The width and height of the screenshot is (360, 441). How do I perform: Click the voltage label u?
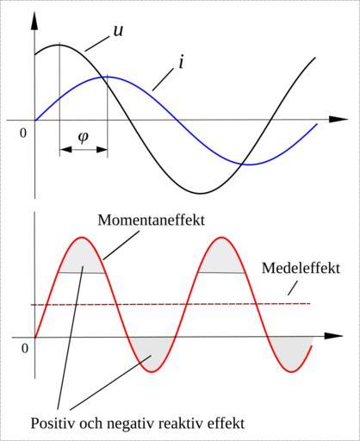pyautogui.click(x=118, y=30)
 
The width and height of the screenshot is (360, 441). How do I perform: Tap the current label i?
pyautogui.click(x=181, y=62)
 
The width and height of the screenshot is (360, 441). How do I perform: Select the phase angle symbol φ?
pyautogui.click(x=84, y=137)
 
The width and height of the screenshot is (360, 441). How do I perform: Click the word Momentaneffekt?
pyautogui.click(x=152, y=220)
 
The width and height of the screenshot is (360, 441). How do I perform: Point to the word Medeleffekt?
pyautogui.click(x=301, y=268)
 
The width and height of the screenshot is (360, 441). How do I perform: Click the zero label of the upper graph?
pyautogui.click(x=23, y=133)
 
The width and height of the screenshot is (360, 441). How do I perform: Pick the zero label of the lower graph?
pyautogui.click(x=25, y=349)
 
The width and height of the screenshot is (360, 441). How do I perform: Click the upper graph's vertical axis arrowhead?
pyautogui.click(x=34, y=20)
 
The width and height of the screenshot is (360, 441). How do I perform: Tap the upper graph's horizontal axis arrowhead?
pyautogui.click(x=338, y=119)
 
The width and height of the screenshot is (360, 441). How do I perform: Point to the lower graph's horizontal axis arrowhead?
pyautogui.click(x=333, y=336)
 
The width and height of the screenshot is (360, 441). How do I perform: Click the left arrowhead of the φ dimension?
pyautogui.click(x=65, y=149)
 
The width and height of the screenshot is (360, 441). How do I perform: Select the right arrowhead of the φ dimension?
pyautogui.click(x=102, y=149)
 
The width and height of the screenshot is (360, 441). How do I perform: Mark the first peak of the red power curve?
pyautogui.click(x=83, y=238)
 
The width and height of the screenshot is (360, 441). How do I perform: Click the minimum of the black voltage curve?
pyautogui.click(x=201, y=193)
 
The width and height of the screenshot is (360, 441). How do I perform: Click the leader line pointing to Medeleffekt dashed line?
pyautogui.click(x=293, y=288)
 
